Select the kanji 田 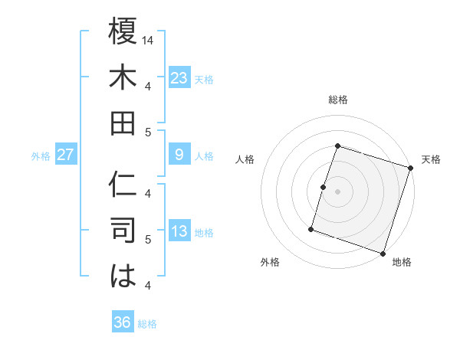pyautogui.click(x=123, y=123)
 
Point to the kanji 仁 pyautogui.click(x=123, y=184)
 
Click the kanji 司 pyautogui.click(x=123, y=230)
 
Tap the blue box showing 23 pyautogui.click(x=179, y=78)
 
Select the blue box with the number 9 pyautogui.click(x=179, y=155)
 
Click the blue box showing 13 pyautogui.click(x=179, y=231)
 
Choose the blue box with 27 pyautogui.click(x=65, y=155)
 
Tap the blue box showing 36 pyautogui.click(x=122, y=322)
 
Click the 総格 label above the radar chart pyautogui.click(x=337, y=100)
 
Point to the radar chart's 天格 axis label pyautogui.click(x=431, y=159)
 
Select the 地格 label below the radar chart pyautogui.click(x=402, y=263)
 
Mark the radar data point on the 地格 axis pyautogui.click(x=383, y=254)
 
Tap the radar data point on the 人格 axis pyautogui.click(x=324, y=187)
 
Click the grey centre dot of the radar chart pyautogui.click(x=337, y=191)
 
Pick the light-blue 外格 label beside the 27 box pyautogui.click(x=40, y=156)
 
